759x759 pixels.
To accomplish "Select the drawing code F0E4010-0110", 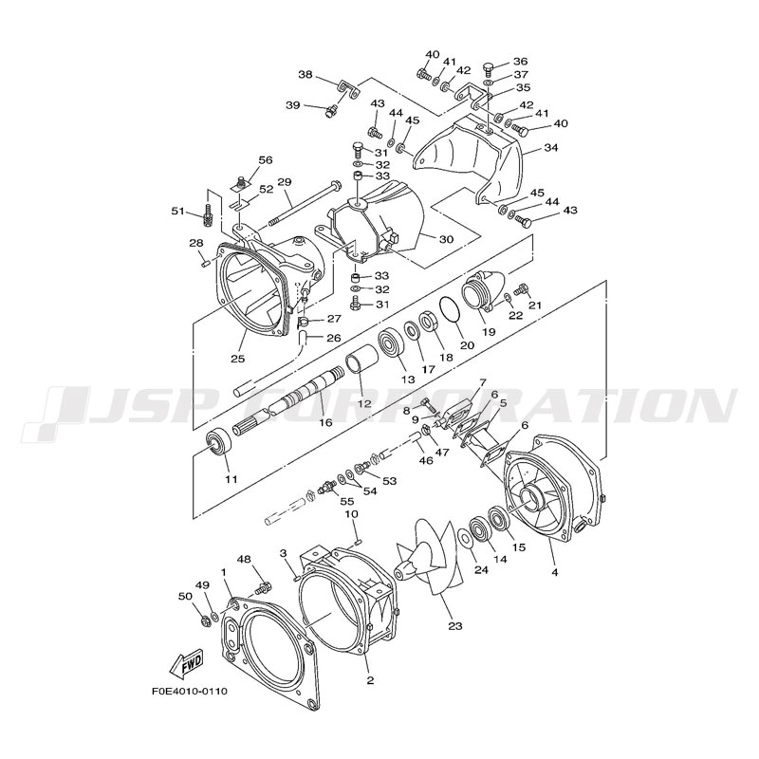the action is [x=190, y=692].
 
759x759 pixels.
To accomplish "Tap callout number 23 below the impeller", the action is [x=455, y=626].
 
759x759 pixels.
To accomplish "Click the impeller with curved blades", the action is [x=424, y=557].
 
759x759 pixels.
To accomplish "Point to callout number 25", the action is [x=238, y=359].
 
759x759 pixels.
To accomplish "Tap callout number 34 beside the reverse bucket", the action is [x=551, y=148].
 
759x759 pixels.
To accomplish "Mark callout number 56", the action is [x=266, y=159].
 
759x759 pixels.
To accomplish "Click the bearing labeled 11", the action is [x=219, y=441].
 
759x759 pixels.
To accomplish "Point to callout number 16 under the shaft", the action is [x=325, y=422].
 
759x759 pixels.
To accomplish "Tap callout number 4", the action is [x=555, y=572].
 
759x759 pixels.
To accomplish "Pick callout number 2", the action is [x=370, y=680].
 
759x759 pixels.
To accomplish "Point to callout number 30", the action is [x=446, y=239].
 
